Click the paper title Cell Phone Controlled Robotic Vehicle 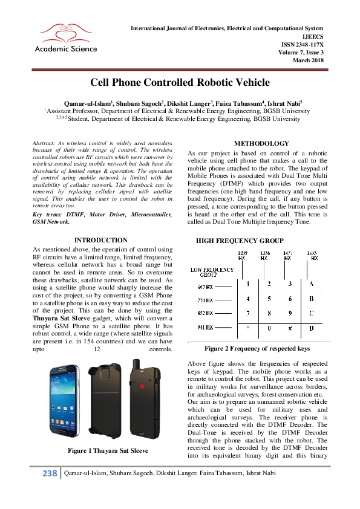coord(180,82)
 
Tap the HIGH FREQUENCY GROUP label coord(240,241)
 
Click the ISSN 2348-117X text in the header coord(303,44)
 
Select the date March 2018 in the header coord(309,60)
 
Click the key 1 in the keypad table coord(240,284)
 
